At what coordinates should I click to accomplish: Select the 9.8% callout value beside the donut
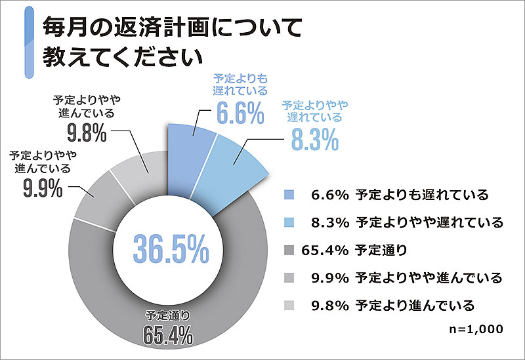(85, 133)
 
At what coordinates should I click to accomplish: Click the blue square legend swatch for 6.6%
(289, 195)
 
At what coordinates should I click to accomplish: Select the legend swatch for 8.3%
(289, 222)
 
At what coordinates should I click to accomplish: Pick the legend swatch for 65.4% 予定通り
(289, 250)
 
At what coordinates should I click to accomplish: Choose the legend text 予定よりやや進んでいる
(429, 277)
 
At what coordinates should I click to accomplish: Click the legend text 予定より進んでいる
(414, 305)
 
